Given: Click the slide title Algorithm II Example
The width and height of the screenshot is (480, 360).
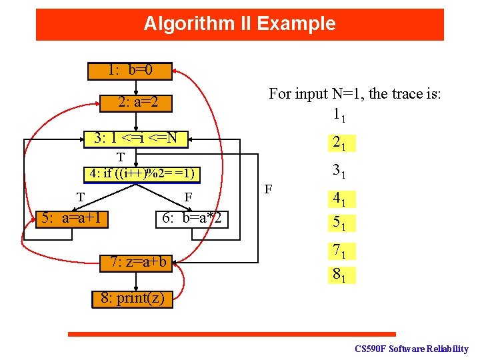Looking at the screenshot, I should (239, 24).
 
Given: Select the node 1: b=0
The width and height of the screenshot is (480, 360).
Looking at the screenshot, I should (130, 70).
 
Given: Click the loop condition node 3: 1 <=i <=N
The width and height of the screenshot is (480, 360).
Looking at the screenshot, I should (136, 139).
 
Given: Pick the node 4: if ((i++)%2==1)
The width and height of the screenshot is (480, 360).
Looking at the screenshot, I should (143, 174).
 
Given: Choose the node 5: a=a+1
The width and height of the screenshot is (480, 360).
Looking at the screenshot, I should (73, 218).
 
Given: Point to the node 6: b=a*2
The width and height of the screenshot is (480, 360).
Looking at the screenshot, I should (192, 219).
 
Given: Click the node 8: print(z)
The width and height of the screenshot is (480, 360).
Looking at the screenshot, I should (132, 297).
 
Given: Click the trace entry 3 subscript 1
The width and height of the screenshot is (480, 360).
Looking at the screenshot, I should (339, 171).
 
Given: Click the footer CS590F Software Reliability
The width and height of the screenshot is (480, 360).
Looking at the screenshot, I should (411, 349).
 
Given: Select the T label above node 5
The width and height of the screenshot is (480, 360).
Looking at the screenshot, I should (80, 197).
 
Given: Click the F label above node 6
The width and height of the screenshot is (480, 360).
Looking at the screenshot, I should (188, 197).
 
